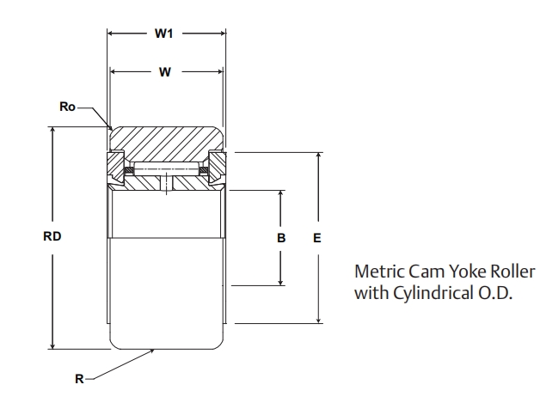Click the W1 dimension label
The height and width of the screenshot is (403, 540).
165,35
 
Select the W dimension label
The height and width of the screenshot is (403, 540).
165,72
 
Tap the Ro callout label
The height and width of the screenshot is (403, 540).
68,107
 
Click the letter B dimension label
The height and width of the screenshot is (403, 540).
281,238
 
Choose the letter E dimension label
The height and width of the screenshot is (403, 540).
317,238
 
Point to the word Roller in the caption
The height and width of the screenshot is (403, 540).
512,272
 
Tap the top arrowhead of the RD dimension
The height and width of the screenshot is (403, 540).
53,131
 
